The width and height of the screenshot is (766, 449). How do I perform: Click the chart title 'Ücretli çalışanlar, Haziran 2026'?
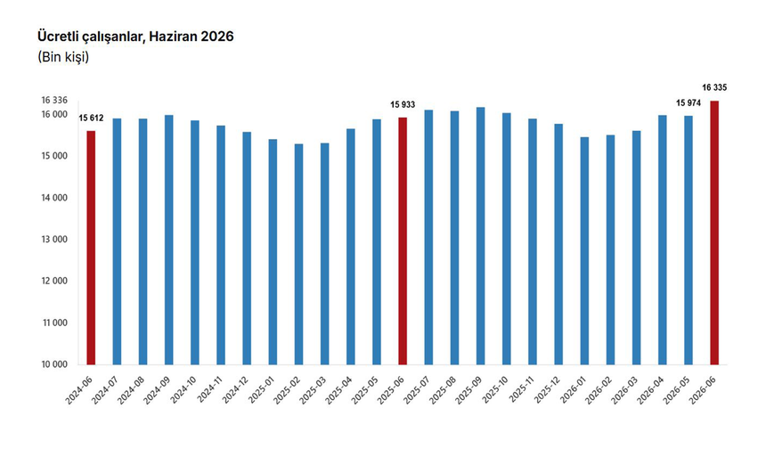tap(135, 37)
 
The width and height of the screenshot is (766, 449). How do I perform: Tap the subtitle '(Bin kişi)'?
tap(63, 57)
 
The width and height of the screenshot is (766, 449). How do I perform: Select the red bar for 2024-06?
tap(91, 248)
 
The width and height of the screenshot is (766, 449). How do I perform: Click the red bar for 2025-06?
tap(403, 241)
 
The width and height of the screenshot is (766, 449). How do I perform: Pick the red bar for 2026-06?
tap(714, 233)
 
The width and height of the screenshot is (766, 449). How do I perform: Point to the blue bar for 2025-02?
tap(298, 254)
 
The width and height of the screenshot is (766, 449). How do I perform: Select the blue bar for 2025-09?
tap(481, 236)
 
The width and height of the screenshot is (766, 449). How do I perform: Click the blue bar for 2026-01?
tap(585, 250)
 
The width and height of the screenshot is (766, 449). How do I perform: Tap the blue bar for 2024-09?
tap(168, 240)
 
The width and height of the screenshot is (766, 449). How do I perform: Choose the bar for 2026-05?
tap(689, 241)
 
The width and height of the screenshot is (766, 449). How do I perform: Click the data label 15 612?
tap(92, 118)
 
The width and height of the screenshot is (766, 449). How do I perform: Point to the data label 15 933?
tap(403, 104)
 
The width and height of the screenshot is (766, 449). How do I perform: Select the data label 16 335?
tap(714, 88)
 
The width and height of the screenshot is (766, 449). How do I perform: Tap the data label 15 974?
tap(689, 103)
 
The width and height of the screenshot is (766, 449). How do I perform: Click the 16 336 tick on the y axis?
tap(54, 100)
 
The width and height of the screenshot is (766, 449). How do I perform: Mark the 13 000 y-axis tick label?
tap(54, 240)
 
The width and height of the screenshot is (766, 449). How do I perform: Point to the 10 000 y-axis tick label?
tap(54, 364)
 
